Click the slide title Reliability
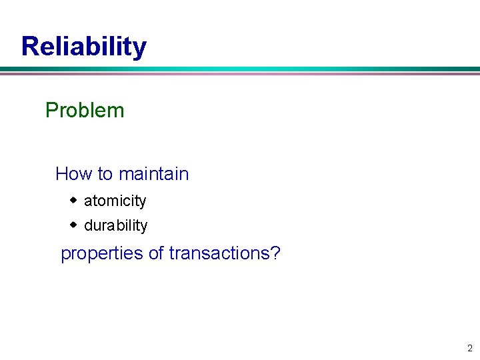84,47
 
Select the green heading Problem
85,110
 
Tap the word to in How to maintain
105,174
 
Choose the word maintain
153,174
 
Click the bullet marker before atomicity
74,200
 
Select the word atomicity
115,201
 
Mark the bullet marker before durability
74,225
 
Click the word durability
115,225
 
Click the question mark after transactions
275,253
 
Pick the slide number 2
469,348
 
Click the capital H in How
61,174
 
